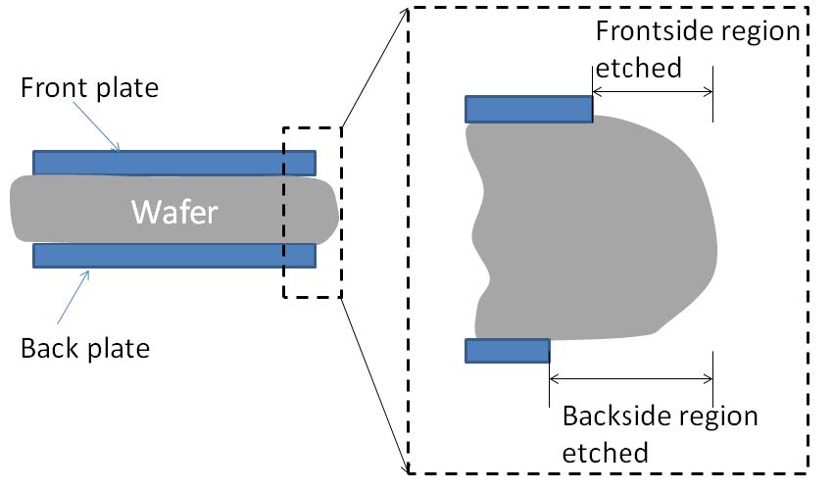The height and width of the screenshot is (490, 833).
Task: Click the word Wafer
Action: pos(174,212)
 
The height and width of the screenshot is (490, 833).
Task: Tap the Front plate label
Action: pos(89,87)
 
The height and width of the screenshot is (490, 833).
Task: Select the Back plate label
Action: pos(85,349)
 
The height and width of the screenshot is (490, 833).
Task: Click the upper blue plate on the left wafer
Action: pos(174,163)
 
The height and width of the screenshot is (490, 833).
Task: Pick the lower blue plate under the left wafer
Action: pos(174,256)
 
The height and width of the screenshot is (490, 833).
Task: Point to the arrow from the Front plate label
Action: pos(96,126)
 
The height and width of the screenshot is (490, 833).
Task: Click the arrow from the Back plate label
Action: pos(73,297)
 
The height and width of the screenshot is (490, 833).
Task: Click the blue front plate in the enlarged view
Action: pos(528,110)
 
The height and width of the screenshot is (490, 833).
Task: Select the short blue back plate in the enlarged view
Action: pos(508,351)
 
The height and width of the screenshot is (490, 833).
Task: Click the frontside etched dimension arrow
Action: pos(653,92)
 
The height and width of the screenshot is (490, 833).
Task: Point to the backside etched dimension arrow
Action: pos(631,378)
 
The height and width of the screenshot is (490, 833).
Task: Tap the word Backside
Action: pos(615,416)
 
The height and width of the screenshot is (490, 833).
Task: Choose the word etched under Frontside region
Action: pos(639,68)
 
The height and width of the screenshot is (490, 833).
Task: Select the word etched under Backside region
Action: pos(606,454)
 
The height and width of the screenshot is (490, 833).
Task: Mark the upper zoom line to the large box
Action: pos(375,68)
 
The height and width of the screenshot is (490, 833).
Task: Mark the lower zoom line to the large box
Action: pos(375,385)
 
